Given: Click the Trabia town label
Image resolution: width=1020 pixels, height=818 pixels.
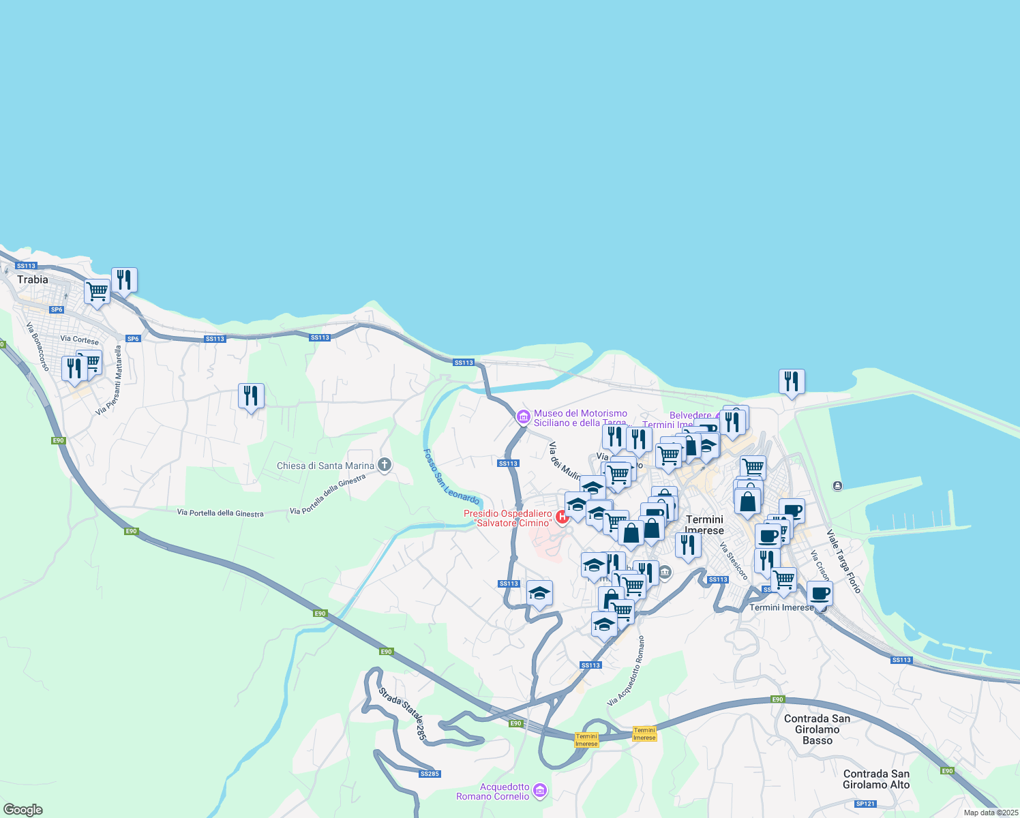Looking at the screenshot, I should coord(33,279).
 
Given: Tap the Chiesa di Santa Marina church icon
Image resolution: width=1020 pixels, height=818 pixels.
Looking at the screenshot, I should coord(384,466).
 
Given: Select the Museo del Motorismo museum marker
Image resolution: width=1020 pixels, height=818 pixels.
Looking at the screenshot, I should coord(523,416).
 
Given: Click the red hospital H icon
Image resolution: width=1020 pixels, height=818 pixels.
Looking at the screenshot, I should coord(562,517).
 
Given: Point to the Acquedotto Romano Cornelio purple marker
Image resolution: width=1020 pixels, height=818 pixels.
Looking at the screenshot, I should coord(540,790).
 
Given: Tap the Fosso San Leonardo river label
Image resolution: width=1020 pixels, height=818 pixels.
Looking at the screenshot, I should coord(451,476).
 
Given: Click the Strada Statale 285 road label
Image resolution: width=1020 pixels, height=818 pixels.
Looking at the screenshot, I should coord(403,714).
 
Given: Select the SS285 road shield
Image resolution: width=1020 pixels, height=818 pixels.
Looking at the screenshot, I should coord(430,774).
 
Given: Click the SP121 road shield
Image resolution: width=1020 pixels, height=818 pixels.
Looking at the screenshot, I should coord(865,804).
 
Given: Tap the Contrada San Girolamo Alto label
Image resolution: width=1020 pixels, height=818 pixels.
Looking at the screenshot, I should coord(876,779).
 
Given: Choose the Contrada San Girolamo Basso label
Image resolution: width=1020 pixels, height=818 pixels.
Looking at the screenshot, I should coord(817,729).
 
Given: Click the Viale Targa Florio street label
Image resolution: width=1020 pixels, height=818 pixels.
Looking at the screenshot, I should coord(843,561).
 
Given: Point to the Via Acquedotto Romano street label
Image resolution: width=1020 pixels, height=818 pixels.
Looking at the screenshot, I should coord(626,671).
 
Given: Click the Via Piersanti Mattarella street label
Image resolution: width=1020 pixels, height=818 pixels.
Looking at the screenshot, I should coord(109,380).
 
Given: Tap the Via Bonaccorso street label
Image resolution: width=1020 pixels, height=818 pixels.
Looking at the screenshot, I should coord(38,346).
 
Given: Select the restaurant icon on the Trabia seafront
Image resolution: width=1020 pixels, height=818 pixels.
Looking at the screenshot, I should coord(124,279).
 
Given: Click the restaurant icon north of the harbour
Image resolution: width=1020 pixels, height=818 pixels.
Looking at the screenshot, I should coord(792,381).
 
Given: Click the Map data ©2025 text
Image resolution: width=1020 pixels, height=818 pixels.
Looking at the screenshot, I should coord(991,813).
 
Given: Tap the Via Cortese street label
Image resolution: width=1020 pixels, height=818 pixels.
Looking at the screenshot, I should coord(79,339).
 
